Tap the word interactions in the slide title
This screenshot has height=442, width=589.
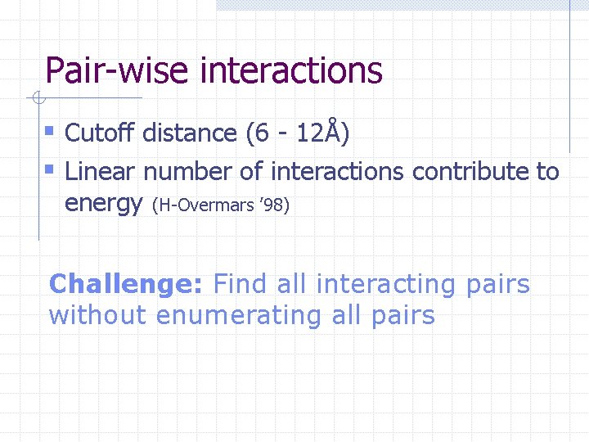tap(290, 70)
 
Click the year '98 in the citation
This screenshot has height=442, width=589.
tap(273, 205)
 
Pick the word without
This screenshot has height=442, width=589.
tap(98, 315)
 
